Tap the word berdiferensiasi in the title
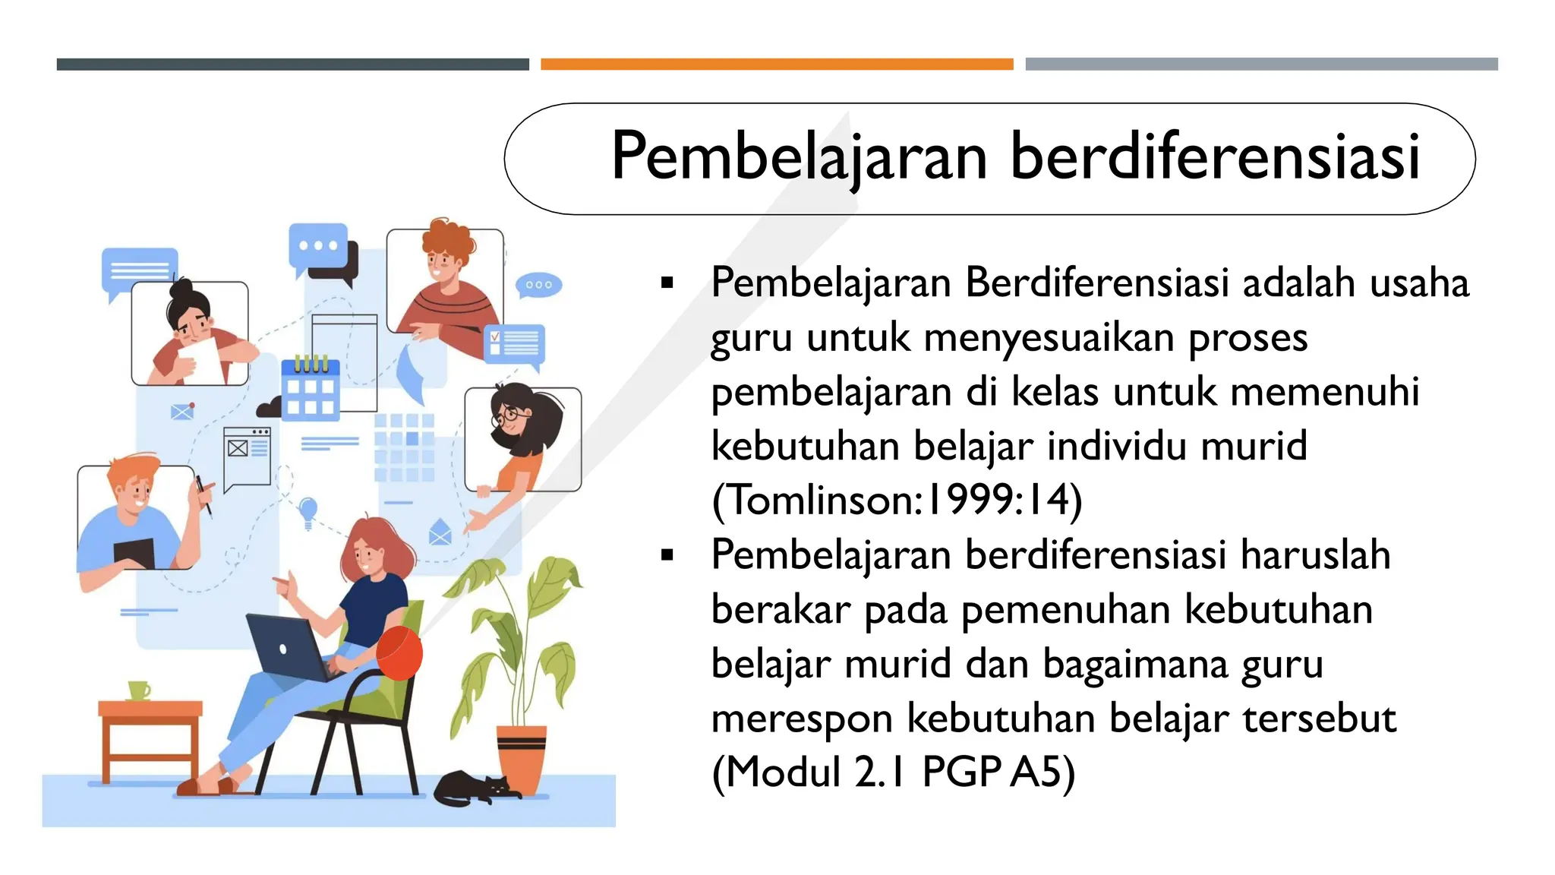[x=1214, y=156]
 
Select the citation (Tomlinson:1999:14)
[x=897, y=500]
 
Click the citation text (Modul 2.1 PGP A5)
[x=893, y=772]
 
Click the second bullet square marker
[x=667, y=555]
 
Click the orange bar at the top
[x=777, y=65]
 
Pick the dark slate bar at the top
[x=292, y=65]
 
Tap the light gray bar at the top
[x=1261, y=65]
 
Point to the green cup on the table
[x=138, y=690]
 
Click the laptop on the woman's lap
[x=289, y=646]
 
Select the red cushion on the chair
[x=399, y=652]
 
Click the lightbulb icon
[x=308, y=510]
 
